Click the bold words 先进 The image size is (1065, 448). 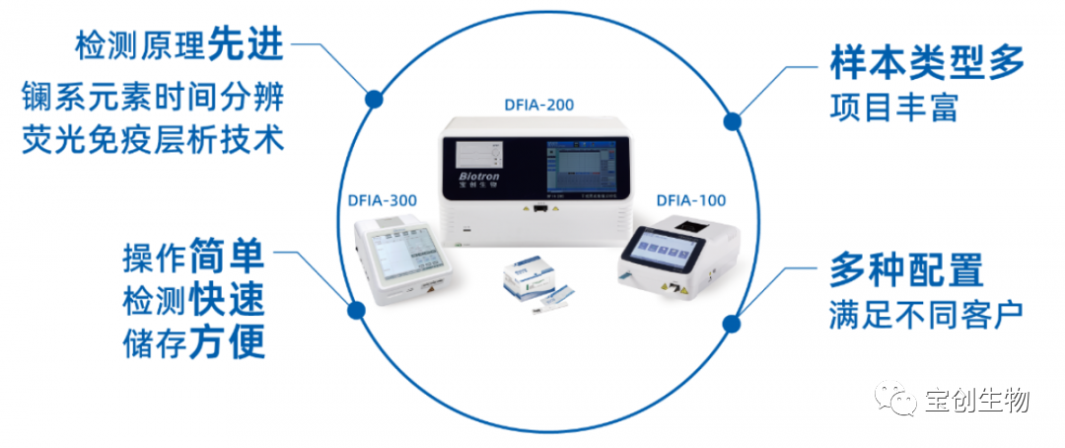tap(246, 44)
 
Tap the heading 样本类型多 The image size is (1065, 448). tap(926, 63)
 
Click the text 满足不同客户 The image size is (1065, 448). tap(925, 315)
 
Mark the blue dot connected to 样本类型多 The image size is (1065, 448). tap(732, 121)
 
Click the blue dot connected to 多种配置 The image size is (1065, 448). tap(731, 323)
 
